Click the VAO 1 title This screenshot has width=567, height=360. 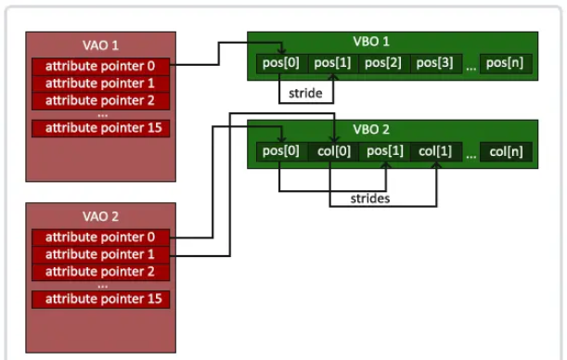click(x=101, y=45)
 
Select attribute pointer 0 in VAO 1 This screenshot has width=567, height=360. click(x=101, y=66)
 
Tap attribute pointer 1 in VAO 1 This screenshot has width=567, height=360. click(x=101, y=83)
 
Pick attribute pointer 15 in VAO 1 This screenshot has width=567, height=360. click(x=101, y=128)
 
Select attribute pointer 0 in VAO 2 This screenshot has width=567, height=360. click(x=101, y=237)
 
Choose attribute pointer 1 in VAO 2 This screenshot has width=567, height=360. click(x=101, y=254)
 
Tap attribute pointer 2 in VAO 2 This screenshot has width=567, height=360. click(x=101, y=271)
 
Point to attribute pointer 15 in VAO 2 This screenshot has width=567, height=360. click(x=101, y=299)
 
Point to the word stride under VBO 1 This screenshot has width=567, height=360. click(x=307, y=94)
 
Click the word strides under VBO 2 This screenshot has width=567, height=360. click(x=369, y=199)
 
